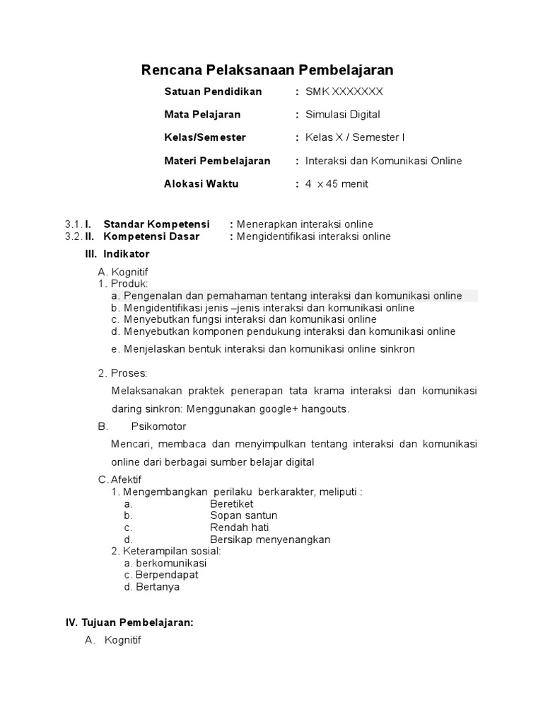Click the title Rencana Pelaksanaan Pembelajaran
(x=267, y=69)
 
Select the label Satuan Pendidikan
(x=213, y=91)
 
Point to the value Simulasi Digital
(x=342, y=114)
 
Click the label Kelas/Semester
(x=205, y=137)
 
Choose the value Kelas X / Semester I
(x=355, y=137)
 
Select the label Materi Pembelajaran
(x=217, y=161)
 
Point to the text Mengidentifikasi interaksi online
(x=314, y=236)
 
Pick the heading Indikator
(x=127, y=253)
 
